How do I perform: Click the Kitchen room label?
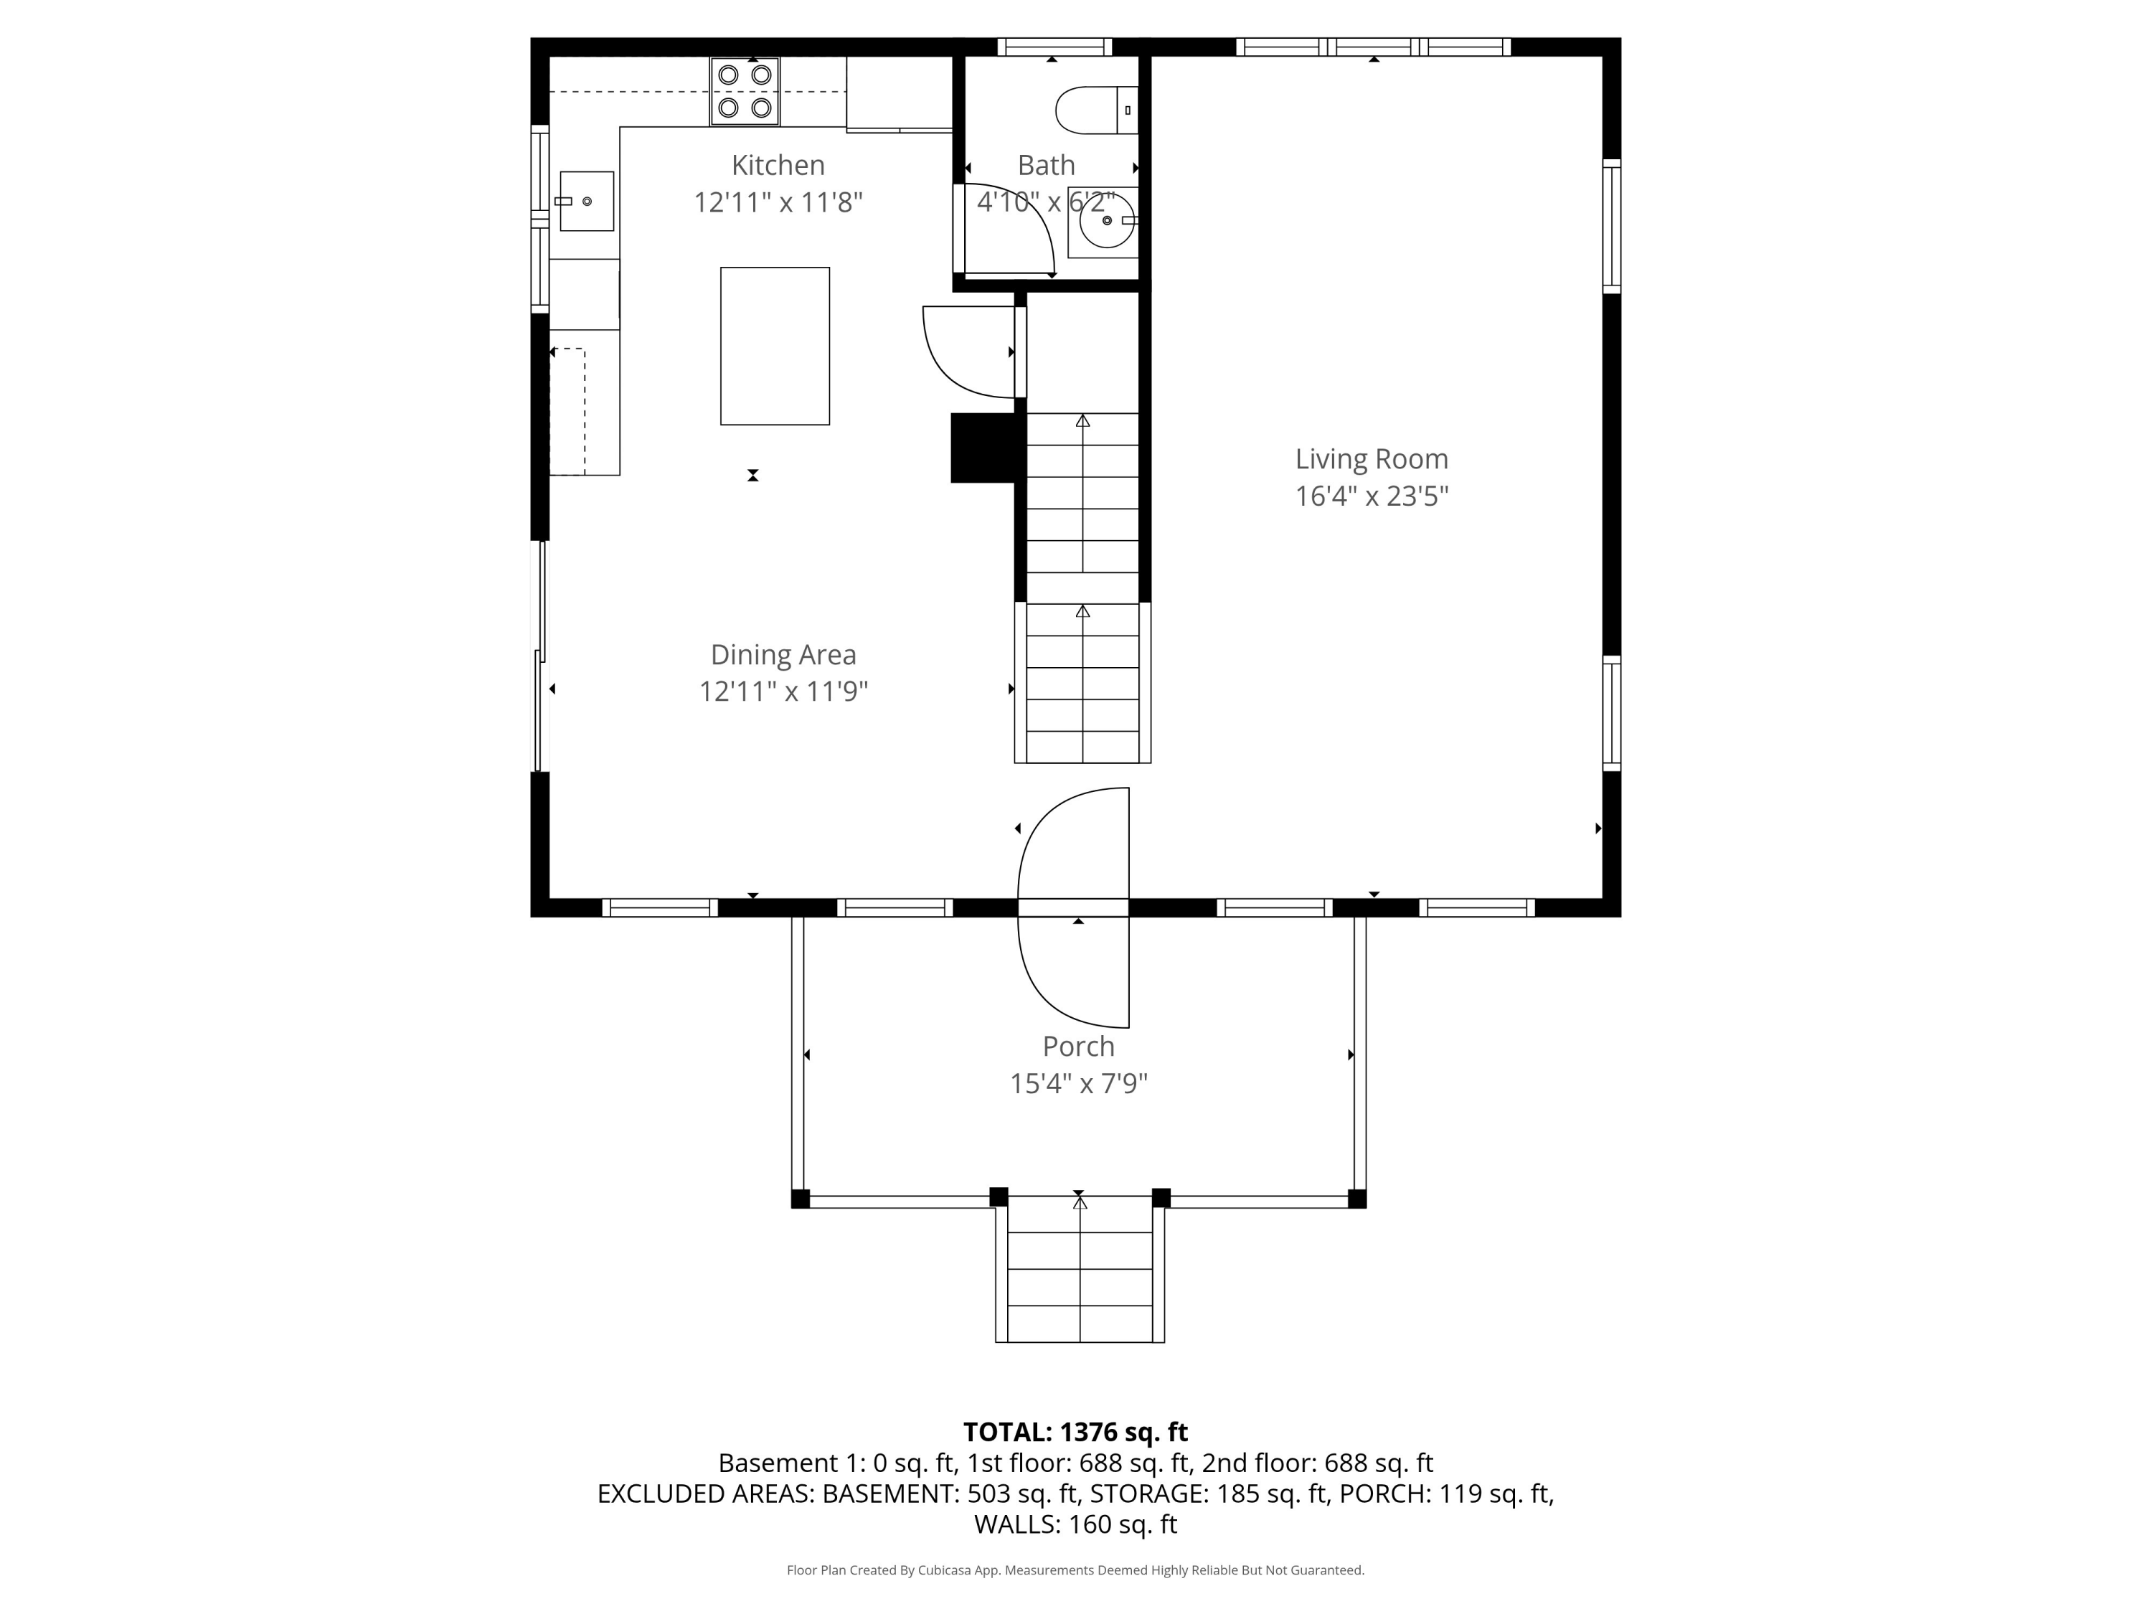pyautogui.click(x=778, y=166)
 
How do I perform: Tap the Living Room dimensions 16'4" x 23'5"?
pyautogui.click(x=1372, y=496)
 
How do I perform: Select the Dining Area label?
pyautogui.click(x=783, y=655)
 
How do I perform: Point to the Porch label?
pyautogui.click(x=1078, y=1047)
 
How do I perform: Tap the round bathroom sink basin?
pyautogui.click(x=1107, y=221)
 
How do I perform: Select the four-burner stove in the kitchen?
pyautogui.click(x=745, y=91)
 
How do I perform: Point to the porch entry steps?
pyautogui.click(x=1080, y=1270)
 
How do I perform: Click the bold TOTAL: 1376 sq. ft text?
pyautogui.click(x=1075, y=1432)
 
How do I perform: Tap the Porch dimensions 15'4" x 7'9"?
pyautogui.click(x=1079, y=1084)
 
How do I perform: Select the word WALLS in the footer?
pyautogui.click(x=1016, y=1524)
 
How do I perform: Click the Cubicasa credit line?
pyautogui.click(x=1075, y=1570)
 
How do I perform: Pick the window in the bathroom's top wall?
pyautogui.click(x=1054, y=47)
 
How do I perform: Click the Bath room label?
pyautogui.click(x=1046, y=166)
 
